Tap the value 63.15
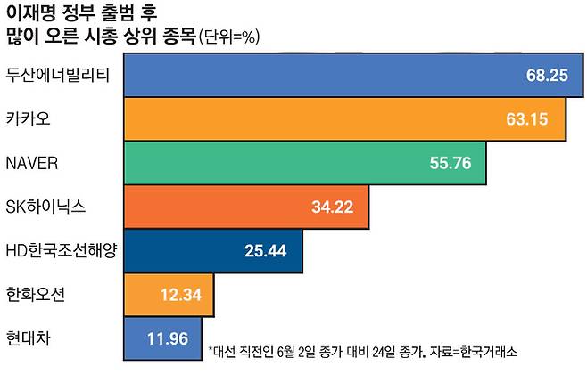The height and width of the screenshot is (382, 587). coord(525,118)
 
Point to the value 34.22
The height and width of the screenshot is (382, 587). coord(332,207)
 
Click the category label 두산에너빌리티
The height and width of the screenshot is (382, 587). coord(57,74)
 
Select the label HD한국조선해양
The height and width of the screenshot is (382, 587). coord(61,248)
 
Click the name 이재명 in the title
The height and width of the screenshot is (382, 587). coord(30,12)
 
